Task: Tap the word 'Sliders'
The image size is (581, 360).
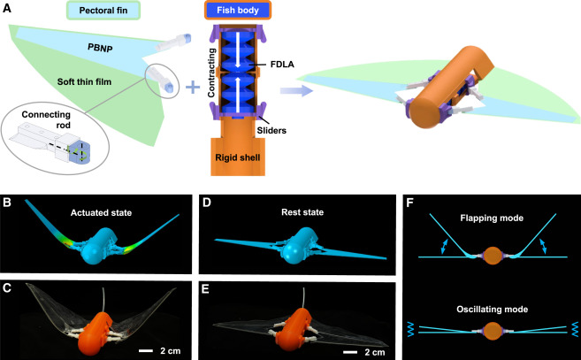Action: [279, 129]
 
